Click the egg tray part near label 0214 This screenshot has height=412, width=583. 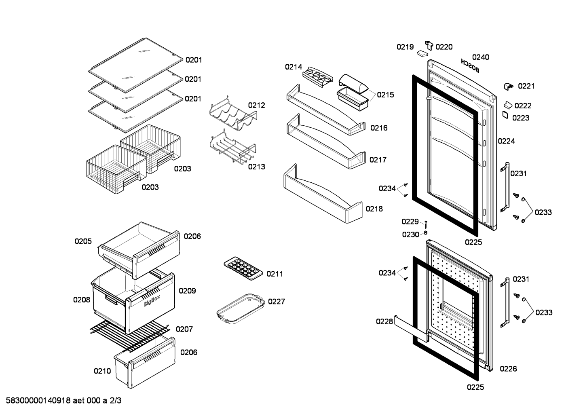pyautogui.click(x=318, y=77)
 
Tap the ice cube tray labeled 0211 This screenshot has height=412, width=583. pyautogui.click(x=243, y=268)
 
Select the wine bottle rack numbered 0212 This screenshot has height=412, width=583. pyautogui.click(x=233, y=114)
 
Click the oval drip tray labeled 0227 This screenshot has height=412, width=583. pyautogui.click(x=241, y=308)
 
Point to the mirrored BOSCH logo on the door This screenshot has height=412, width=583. pyautogui.click(x=470, y=65)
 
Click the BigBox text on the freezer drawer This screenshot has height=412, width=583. pyautogui.click(x=152, y=300)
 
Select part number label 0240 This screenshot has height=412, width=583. pyautogui.click(x=481, y=57)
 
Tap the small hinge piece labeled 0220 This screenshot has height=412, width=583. pyautogui.click(x=429, y=45)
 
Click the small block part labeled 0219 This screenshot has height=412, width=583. pyautogui.click(x=422, y=53)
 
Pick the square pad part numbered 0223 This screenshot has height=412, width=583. pyautogui.click(x=505, y=115)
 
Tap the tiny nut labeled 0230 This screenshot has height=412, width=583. pyautogui.click(x=426, y=232)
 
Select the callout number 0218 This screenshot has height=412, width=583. pyautogui.click(x=374, y=209)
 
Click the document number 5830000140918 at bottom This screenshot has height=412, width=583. pyautogui.click(x=38, y=400)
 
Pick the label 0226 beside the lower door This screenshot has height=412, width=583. pyautogui.click(x=508, y=368)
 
